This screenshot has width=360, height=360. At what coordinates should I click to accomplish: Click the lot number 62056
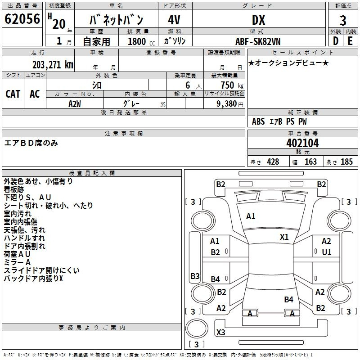click(22, 19)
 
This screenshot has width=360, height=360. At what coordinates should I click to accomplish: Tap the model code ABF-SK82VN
click(258, 41)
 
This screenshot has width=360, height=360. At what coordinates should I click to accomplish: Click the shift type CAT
click(13, 94)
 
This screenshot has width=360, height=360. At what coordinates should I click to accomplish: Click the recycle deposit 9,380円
click(229, 103)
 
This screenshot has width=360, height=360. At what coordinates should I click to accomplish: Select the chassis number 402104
click(302, 143)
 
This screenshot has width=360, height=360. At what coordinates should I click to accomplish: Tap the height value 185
click(346, 162)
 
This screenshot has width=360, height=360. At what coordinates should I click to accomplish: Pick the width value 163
click(310, 162)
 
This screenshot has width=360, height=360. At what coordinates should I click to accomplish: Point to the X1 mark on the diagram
click(284, 237)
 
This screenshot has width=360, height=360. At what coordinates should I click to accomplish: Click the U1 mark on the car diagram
click(326, 252)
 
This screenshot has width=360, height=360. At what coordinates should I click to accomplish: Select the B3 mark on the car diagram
click(195, 276)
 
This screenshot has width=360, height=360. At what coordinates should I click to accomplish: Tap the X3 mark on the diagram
click(220, 333)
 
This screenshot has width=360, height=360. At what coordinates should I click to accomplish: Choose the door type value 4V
click(175, 20)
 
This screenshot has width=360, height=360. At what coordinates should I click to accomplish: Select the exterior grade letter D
click(335, 41)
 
